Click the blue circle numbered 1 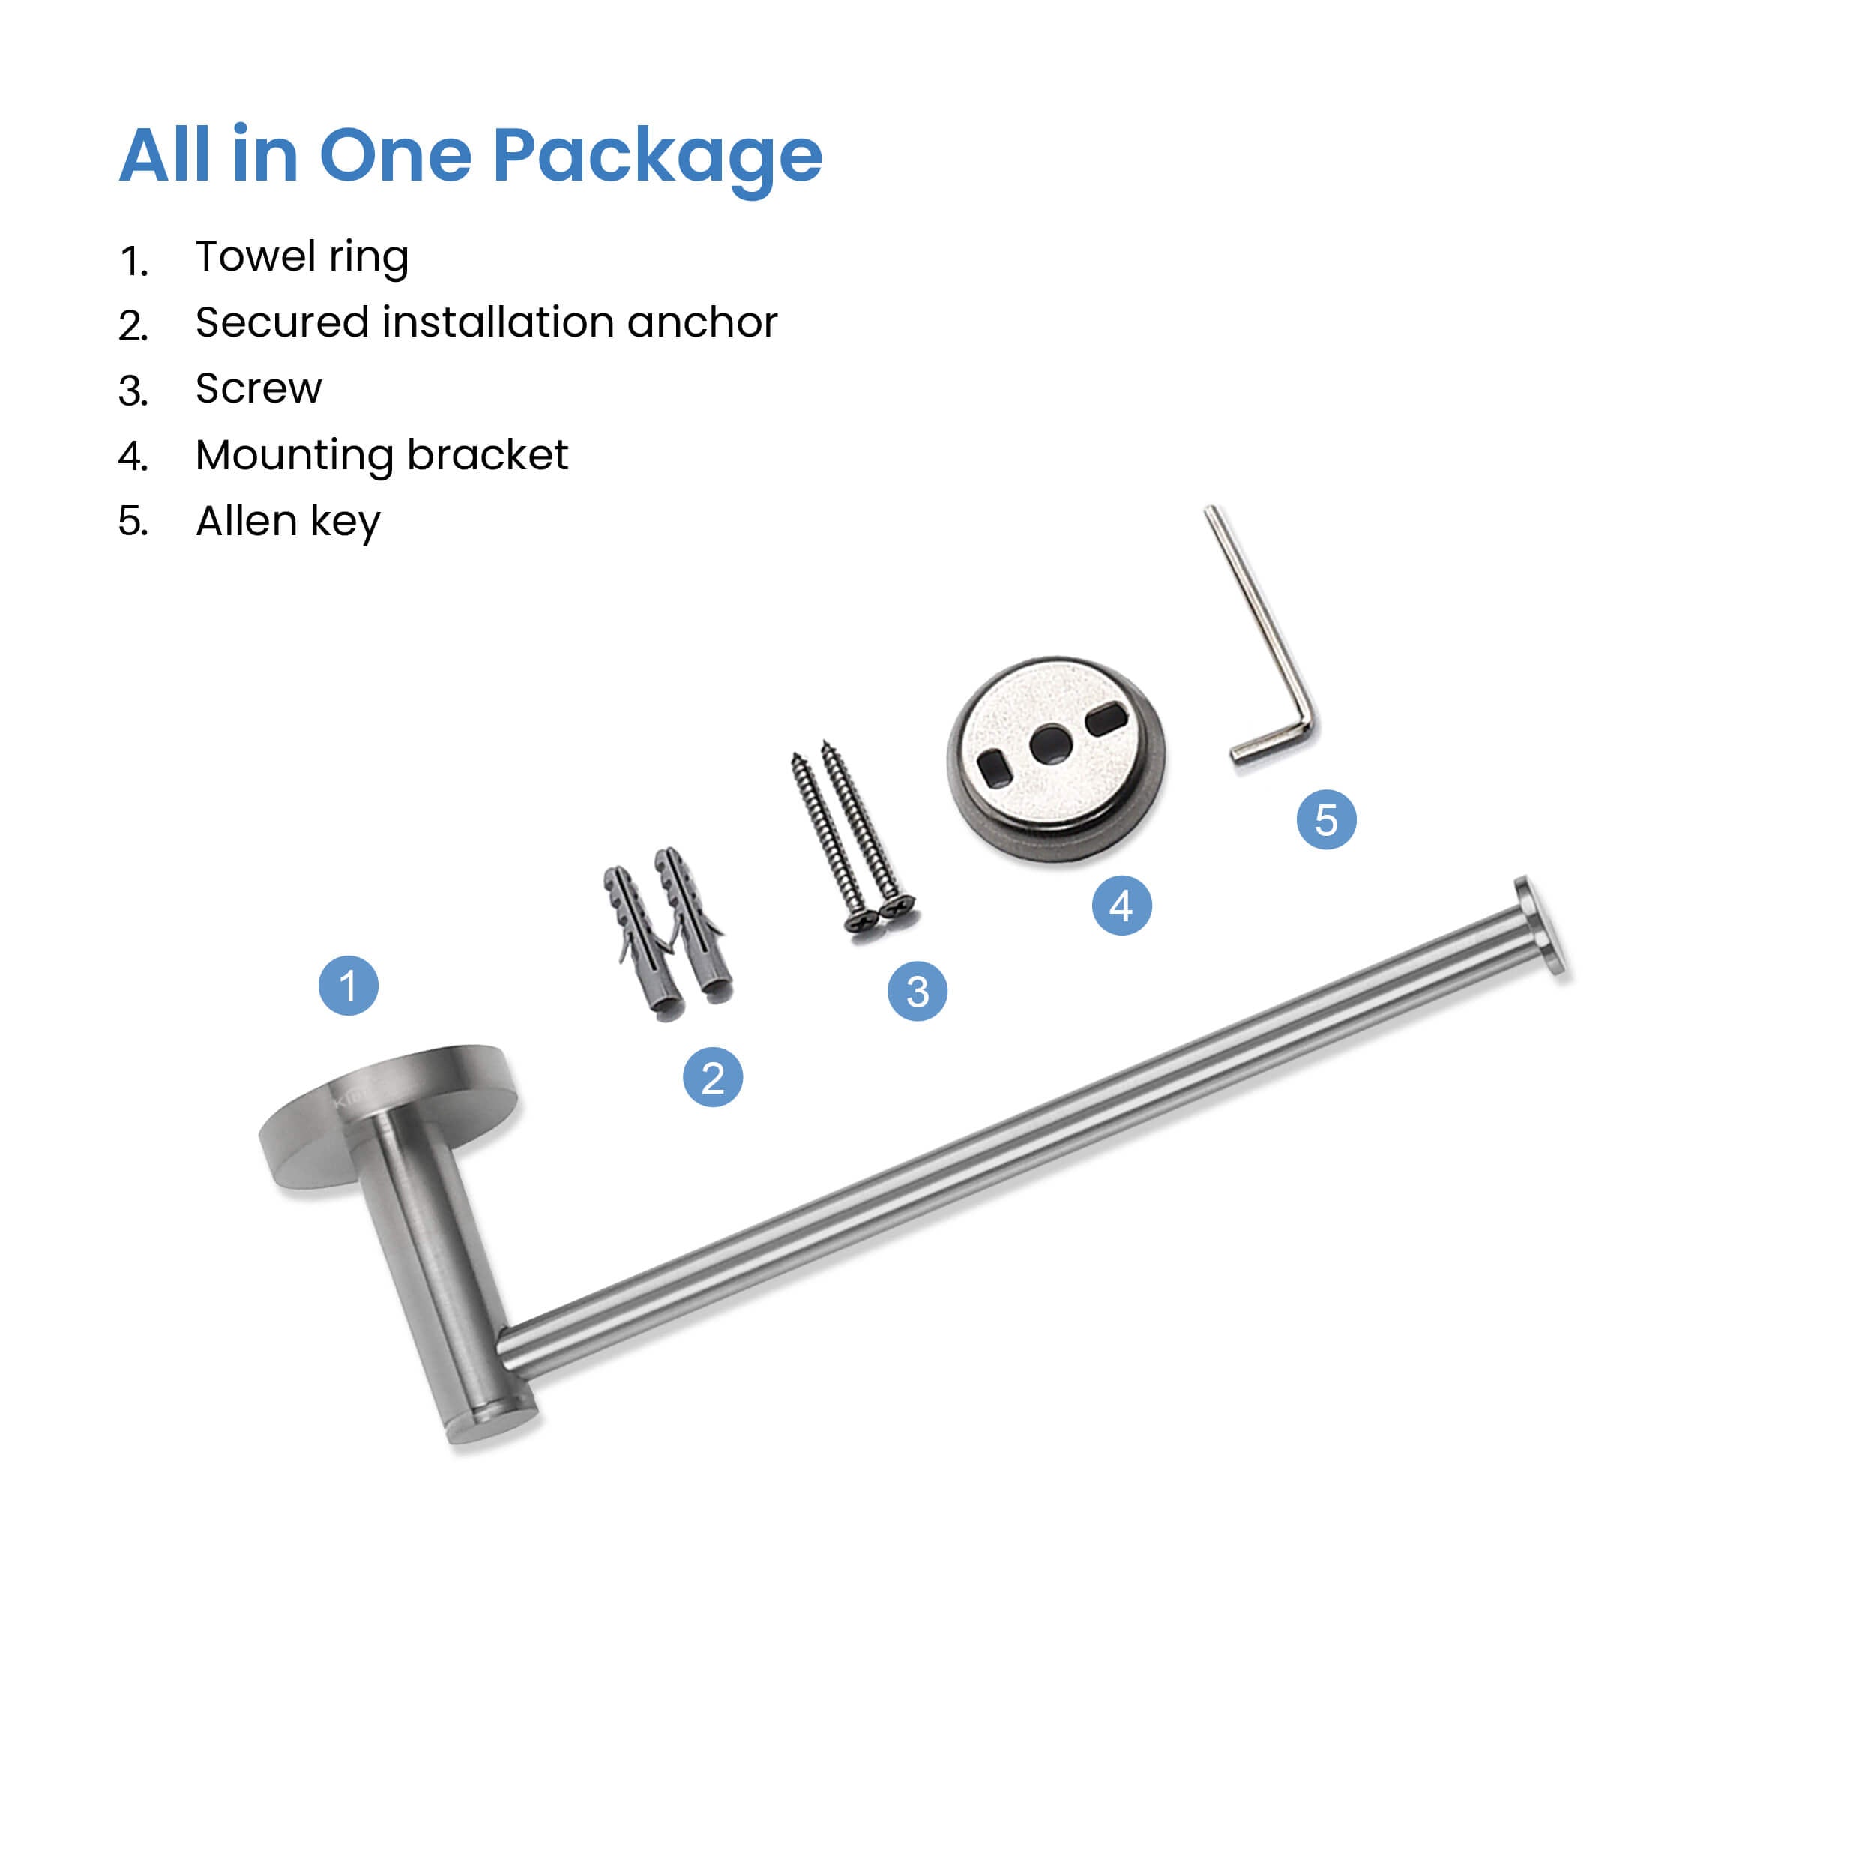[349, 986]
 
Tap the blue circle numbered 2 [713, 1076]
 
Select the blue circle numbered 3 [918, 990]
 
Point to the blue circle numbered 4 [1122, 905]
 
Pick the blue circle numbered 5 [1326, 819]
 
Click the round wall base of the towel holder [388, 1115]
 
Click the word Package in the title [657, 157]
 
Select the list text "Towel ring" [301, 257]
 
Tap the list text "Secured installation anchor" [486, 322]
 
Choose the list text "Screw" [258, 388]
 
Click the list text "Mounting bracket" [382, 455]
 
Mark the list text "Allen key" [288, 521]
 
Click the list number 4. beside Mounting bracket [133, 456]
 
